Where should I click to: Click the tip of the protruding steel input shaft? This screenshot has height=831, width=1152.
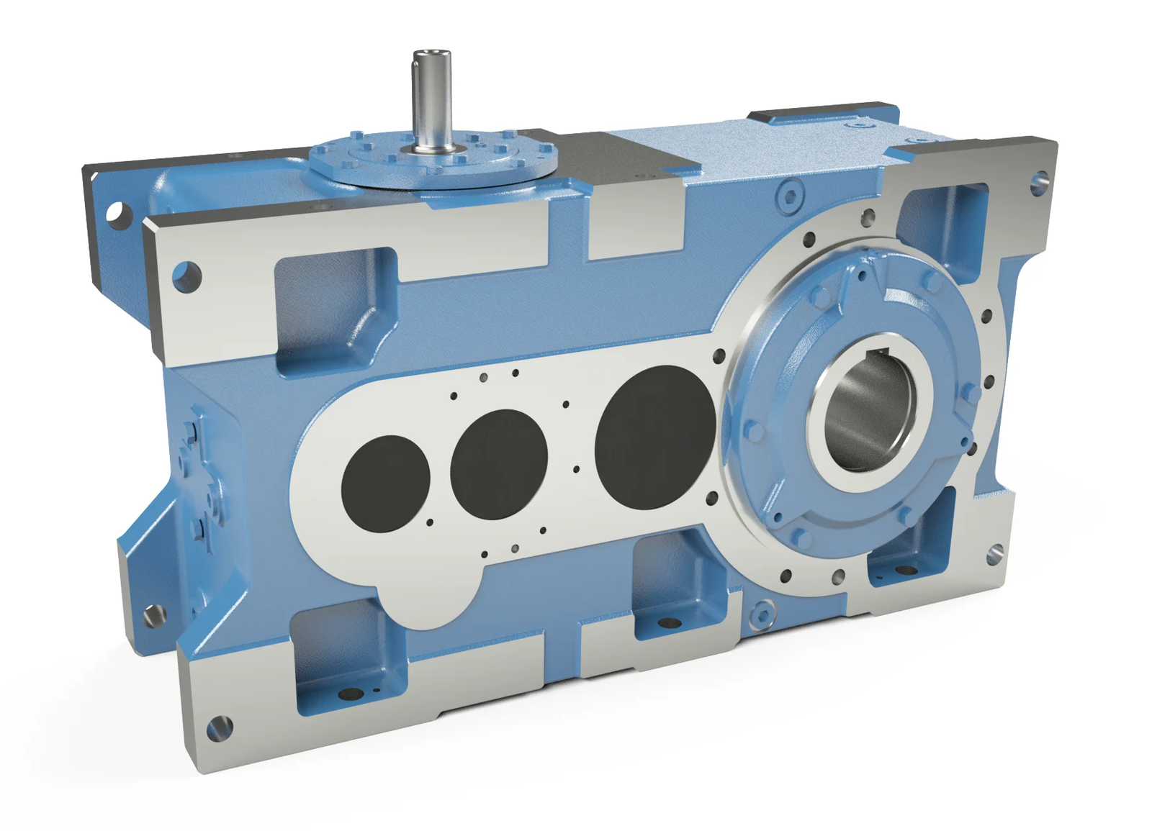pos(431,56)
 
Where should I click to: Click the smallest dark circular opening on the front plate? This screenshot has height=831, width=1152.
pos(386,483)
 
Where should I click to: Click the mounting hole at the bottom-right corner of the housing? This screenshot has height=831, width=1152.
pos(995,553)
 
